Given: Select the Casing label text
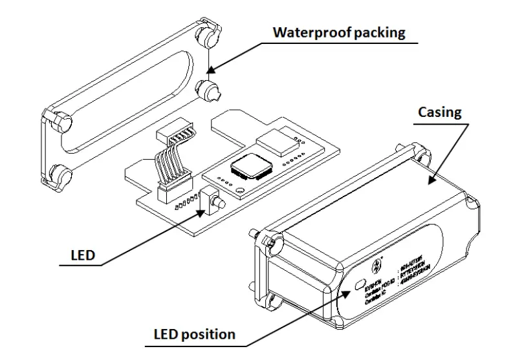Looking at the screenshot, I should [x=440, y=112].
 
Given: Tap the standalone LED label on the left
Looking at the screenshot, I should [x=82, y=255].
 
